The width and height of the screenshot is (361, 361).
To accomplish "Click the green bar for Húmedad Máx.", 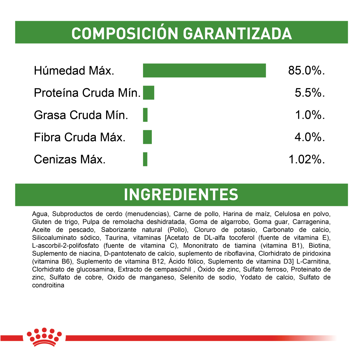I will point(204,71).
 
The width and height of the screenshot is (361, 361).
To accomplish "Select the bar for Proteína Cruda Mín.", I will point(149,93).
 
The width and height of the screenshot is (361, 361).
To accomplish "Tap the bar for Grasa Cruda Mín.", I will point(145,115).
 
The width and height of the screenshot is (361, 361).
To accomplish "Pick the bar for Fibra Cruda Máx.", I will point(147,137).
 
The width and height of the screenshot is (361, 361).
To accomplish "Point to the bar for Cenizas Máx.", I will point(145,159).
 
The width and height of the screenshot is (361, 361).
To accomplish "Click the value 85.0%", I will point(306,71).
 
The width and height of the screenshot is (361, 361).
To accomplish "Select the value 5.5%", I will point(310,93).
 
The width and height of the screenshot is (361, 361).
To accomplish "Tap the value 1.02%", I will point(307,159).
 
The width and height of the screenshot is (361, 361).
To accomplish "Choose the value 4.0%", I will point(310,137).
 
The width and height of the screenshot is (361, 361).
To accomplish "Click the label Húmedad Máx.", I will point(74,71).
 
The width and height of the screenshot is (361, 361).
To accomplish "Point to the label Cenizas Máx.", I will point(70,159).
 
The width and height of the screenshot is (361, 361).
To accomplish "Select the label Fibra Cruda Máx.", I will point(80,137).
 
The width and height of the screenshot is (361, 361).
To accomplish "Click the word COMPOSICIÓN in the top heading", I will point(125,33).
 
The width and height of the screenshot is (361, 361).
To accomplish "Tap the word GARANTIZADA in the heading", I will point(237,33).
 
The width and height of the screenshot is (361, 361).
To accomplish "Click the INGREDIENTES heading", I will point(181,195).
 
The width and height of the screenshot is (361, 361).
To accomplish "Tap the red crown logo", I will point(44,337).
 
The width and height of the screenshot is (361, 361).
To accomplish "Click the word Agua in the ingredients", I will point(40,214).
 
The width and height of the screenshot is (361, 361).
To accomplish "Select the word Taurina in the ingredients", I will point(115,238).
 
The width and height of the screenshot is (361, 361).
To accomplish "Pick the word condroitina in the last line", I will point(48,285).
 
